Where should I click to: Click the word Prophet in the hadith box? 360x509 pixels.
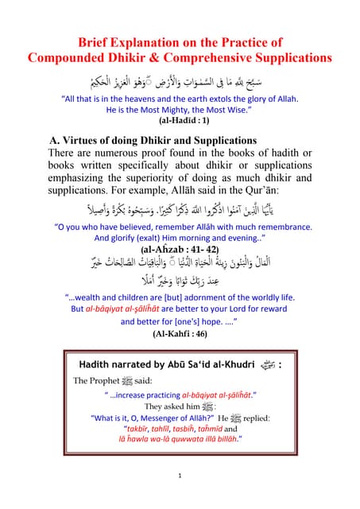pos(113,380)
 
